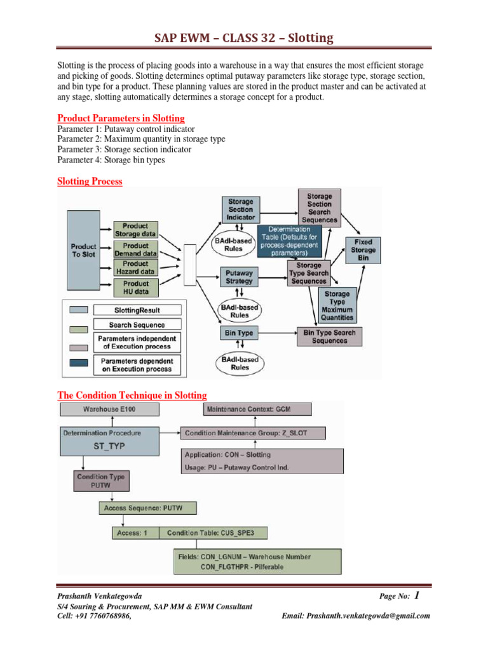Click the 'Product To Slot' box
click(83, 251)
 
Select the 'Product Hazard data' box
click(136, 267)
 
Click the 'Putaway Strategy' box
click(239, 277)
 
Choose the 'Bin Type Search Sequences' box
click(329, 336)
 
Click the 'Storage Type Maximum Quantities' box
click(337, 305)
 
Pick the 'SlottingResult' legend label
click(137, 310)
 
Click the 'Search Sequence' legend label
click(137, 325)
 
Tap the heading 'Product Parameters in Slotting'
click(121, 118)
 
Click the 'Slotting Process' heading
click(90, 181)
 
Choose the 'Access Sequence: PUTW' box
click(148, 508)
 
